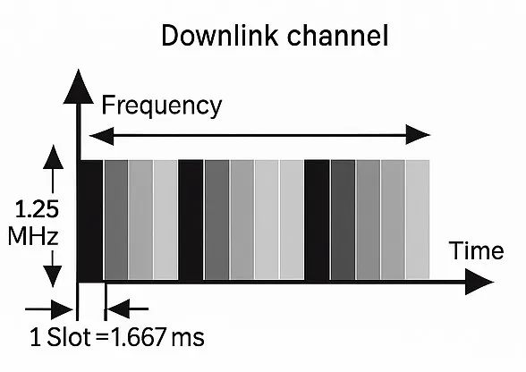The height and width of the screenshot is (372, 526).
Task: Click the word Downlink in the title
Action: click(x=220, y=36)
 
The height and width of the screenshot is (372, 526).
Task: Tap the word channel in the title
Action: click(x=338, y=36)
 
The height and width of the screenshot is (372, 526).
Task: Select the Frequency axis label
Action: click(x=162, y=106)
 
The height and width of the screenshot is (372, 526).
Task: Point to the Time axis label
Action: click(x=476, y=250)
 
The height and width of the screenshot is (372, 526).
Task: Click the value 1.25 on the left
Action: click(x=37, y=209)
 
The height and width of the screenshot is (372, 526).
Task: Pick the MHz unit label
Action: click(x=33, y=236)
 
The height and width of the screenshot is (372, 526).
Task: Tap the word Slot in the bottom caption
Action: click(x=69, y=337)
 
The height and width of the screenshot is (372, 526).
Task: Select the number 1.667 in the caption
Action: click(x=138, y=337)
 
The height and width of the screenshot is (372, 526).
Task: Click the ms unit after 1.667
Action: click(x=188, y=338)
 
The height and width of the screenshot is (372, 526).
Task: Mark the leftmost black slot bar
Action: click(x=90, y=220)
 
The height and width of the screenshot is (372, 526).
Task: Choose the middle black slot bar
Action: click(x=191, y=219)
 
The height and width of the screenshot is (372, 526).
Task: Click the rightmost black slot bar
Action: click(x=317, y=219)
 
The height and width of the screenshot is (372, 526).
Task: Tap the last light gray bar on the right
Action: click(x=418, y=219)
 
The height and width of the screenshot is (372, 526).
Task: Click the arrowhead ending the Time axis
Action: click(x=479, y=282)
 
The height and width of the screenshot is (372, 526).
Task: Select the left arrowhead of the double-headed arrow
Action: click(x=102, y=136)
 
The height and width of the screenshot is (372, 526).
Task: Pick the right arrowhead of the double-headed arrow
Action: click(x=418, y=135)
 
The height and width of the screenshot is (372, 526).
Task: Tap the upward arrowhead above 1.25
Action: click(x=53, y=157)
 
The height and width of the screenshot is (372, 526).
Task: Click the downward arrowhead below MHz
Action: click(x=53, y=276)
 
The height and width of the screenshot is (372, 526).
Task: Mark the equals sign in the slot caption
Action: click(x=102, y=338)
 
